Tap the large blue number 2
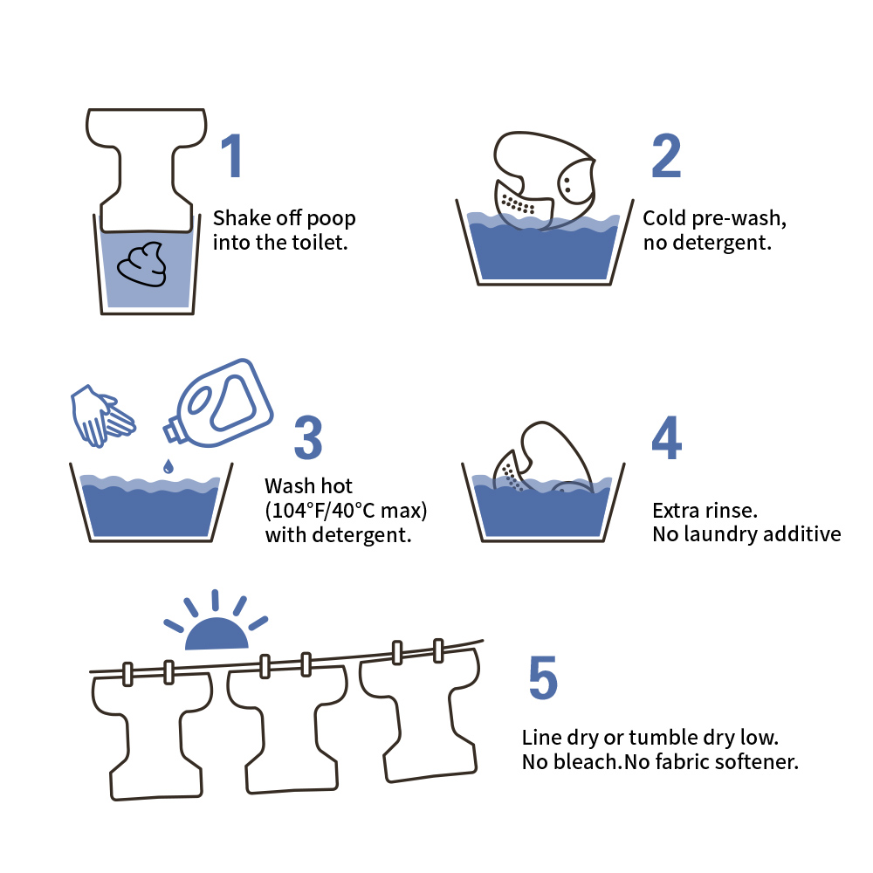[666, 156]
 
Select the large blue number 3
[308, 437]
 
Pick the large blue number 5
[543, 677]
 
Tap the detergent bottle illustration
[217, 402]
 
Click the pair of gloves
[103, 416]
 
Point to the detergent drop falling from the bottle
[168, 466]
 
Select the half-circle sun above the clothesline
[217, 634]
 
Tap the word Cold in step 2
[664, 218]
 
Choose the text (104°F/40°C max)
[346, 511]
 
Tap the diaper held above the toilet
[147, 170]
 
